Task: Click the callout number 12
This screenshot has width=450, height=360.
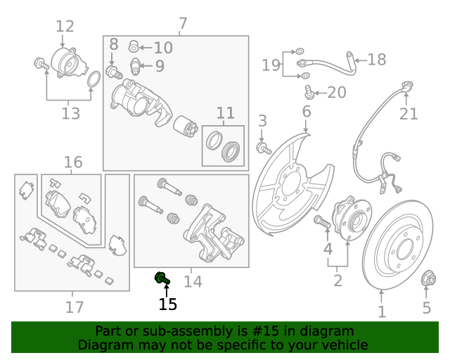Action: point(65,27)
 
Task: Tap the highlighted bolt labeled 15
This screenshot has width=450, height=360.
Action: point(162,279)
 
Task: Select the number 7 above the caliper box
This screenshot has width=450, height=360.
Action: point(183,24)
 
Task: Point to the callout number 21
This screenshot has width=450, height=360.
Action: point(409,114)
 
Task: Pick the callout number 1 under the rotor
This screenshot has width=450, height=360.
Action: point(382,311)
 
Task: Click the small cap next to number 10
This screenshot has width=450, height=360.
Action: point(134,47)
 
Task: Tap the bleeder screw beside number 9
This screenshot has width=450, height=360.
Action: point(136,67)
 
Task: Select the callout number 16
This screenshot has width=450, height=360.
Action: point(73,162)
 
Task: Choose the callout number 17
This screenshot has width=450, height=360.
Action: point(75,307)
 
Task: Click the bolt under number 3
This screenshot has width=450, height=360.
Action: point(264,148)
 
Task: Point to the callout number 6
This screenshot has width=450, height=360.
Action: point(307,111)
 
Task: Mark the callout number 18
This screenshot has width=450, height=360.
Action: point(377,59)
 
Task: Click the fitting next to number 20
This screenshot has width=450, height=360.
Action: point(309,92)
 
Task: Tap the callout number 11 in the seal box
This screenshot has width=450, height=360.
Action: point(225,113)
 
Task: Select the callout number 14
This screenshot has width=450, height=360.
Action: point(193,281)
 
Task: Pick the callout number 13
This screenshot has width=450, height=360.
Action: point(70,112)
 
